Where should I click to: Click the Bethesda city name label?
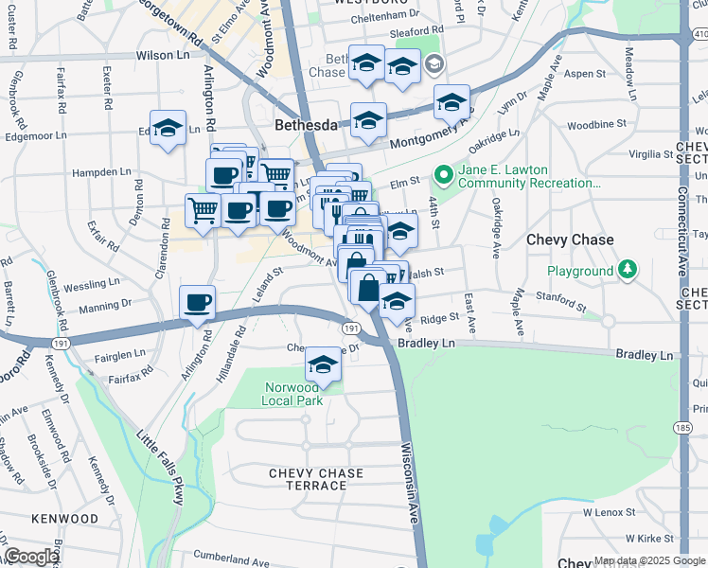pyautogui.click(x=306, y=125)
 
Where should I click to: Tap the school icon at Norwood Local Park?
pyautogui.click(x=323, y=364)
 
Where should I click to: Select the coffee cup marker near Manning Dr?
pyautogui.click(x=197, y=303)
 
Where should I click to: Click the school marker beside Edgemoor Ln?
pyautogui.click(x=168, y=129)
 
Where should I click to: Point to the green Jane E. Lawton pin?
pyautogui.click(x=442, y=175)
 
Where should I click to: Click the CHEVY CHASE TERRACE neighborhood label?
pyautogui.click(x=308, y=479)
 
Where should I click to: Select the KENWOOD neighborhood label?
pyautogui.click(x=64, y=519)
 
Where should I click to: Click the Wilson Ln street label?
pyautogui.click(x=163, y=56)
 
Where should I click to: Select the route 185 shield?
pyautogui.click(x=682, y=428)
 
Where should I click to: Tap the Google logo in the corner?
pyautogui.click(x=31, y=557)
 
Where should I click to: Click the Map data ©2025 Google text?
pyautogui.click(x=649, y=561)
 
